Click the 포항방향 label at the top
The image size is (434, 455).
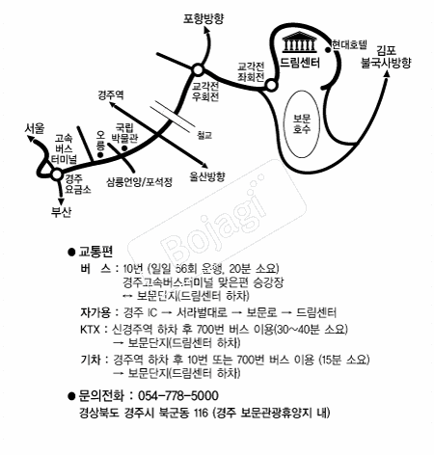tap(203, 18)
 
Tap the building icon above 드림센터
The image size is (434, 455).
tap(299, 42)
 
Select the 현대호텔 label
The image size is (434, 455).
tap(349, 44)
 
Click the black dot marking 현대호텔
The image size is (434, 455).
tap(328, 49)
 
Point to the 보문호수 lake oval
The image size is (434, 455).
tap(301, 124)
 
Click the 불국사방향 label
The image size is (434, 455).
tap(386, 63)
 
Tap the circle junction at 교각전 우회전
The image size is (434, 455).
tap(198, 69)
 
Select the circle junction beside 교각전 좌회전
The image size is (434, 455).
tap(271, 85)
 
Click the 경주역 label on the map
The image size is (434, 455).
tap(111, 94)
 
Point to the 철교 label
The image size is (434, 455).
tap(204, 135)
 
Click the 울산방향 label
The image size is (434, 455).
tap(206, 176)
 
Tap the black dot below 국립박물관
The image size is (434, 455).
tap(123, 148)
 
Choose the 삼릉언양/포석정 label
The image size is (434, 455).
tap(140, 182)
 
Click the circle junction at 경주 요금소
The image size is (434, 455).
tap(57, 174)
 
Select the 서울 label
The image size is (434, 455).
tap(35, 128)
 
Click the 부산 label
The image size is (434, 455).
tap(61, 212)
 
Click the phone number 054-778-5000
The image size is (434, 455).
tap(178, 395)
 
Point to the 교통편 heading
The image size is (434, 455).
tap(95, 252)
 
